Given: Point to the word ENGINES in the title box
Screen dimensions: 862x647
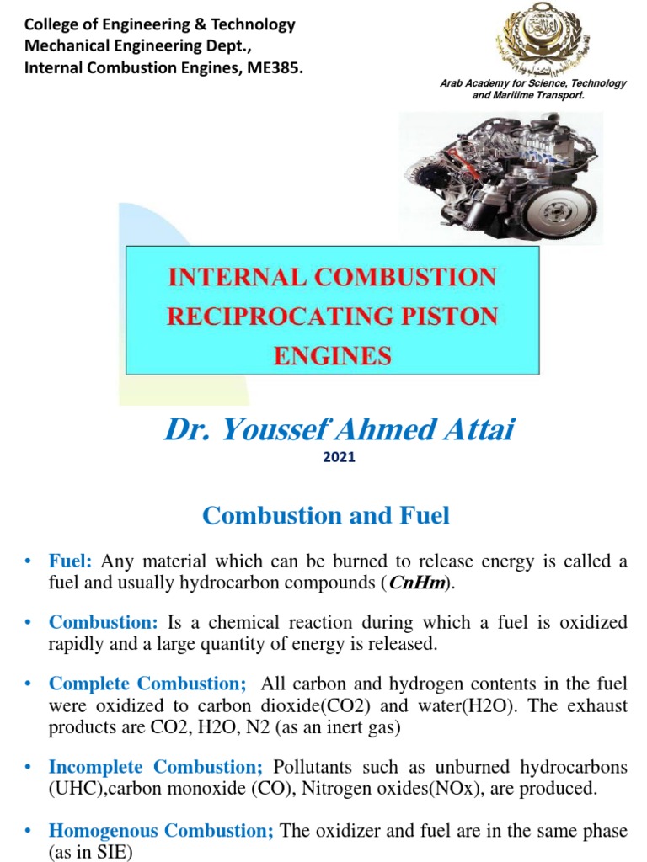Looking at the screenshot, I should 332,355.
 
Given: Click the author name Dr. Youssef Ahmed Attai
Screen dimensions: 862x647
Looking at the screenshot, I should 338,430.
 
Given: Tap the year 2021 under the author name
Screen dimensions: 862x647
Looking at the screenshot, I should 338,457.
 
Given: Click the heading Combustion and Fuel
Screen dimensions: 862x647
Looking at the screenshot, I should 326,515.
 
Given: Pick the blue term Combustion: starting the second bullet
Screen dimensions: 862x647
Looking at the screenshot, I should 104,623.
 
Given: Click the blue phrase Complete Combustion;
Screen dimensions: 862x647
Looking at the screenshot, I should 147,684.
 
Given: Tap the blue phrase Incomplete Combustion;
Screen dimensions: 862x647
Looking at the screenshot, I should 156,767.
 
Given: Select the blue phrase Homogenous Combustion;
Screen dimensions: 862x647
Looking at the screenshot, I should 161,831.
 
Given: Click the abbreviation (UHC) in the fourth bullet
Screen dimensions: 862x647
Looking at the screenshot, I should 72,788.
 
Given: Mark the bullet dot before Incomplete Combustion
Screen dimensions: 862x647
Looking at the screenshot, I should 28,767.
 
